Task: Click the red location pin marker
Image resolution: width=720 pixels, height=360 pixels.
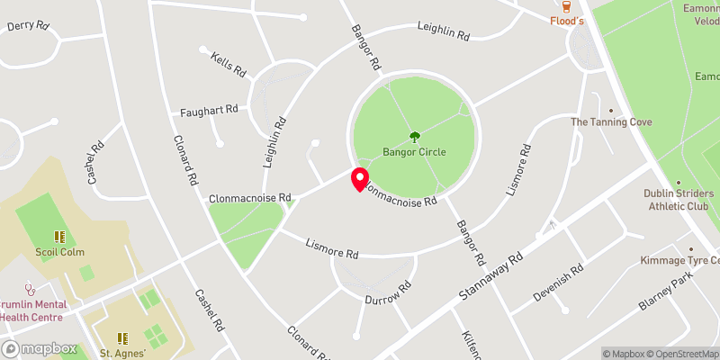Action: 359,179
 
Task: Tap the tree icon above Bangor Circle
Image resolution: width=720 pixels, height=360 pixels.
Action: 414,137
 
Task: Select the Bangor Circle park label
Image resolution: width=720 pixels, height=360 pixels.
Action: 414,152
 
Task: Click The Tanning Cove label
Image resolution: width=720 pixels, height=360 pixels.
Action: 611,121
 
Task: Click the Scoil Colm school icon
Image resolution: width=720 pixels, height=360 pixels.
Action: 60,237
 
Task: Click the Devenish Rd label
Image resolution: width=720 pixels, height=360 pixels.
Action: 559,282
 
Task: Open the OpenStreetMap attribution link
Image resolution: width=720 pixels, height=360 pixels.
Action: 680,354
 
